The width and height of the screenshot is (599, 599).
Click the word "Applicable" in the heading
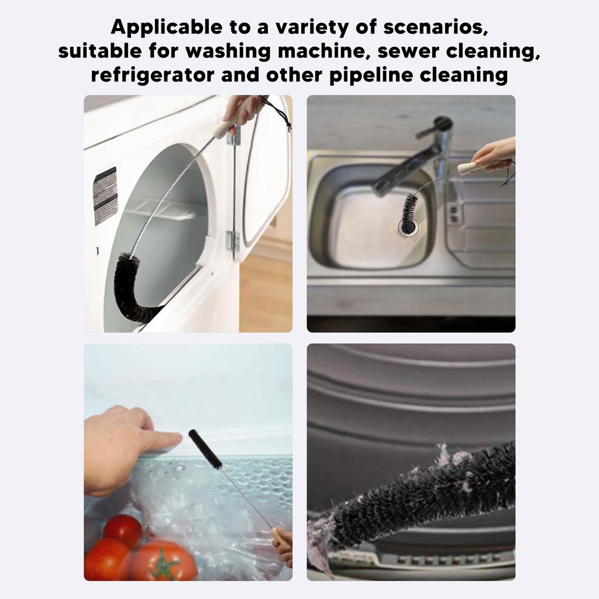[166, 27]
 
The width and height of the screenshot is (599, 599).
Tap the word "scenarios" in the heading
[435, 27]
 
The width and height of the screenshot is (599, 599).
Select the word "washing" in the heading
[228, 51]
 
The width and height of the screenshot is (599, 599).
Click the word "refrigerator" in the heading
[153, 75]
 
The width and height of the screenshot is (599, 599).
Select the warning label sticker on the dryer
[105, 195]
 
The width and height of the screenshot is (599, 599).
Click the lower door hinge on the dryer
[233, 242]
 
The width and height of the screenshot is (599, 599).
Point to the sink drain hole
[408, 227]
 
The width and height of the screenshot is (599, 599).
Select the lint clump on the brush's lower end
[323, 535]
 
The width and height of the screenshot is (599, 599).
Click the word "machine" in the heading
[324, 51]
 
